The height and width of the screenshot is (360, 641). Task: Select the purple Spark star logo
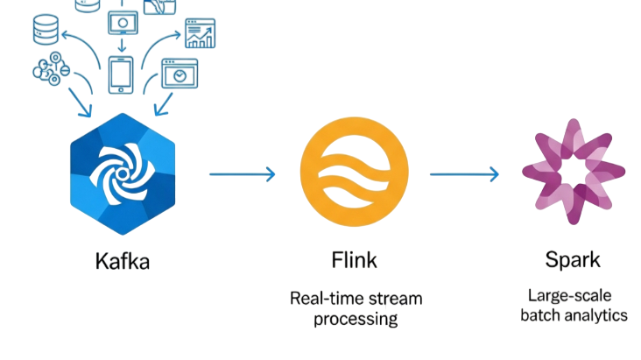[574, 171]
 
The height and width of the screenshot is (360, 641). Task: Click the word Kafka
[123, 261]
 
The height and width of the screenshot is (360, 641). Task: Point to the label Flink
[355, 260]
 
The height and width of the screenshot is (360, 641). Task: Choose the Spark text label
[573, 260]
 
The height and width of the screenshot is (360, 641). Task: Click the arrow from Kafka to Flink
[243, 173]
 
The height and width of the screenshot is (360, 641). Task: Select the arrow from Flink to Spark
[464, 173]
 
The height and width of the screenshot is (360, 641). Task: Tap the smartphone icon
[121, 74]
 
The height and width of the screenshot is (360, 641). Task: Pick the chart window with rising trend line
[199, 33]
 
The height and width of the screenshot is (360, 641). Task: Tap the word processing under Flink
[356, 319]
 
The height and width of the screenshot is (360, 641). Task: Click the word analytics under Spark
[596, 315]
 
